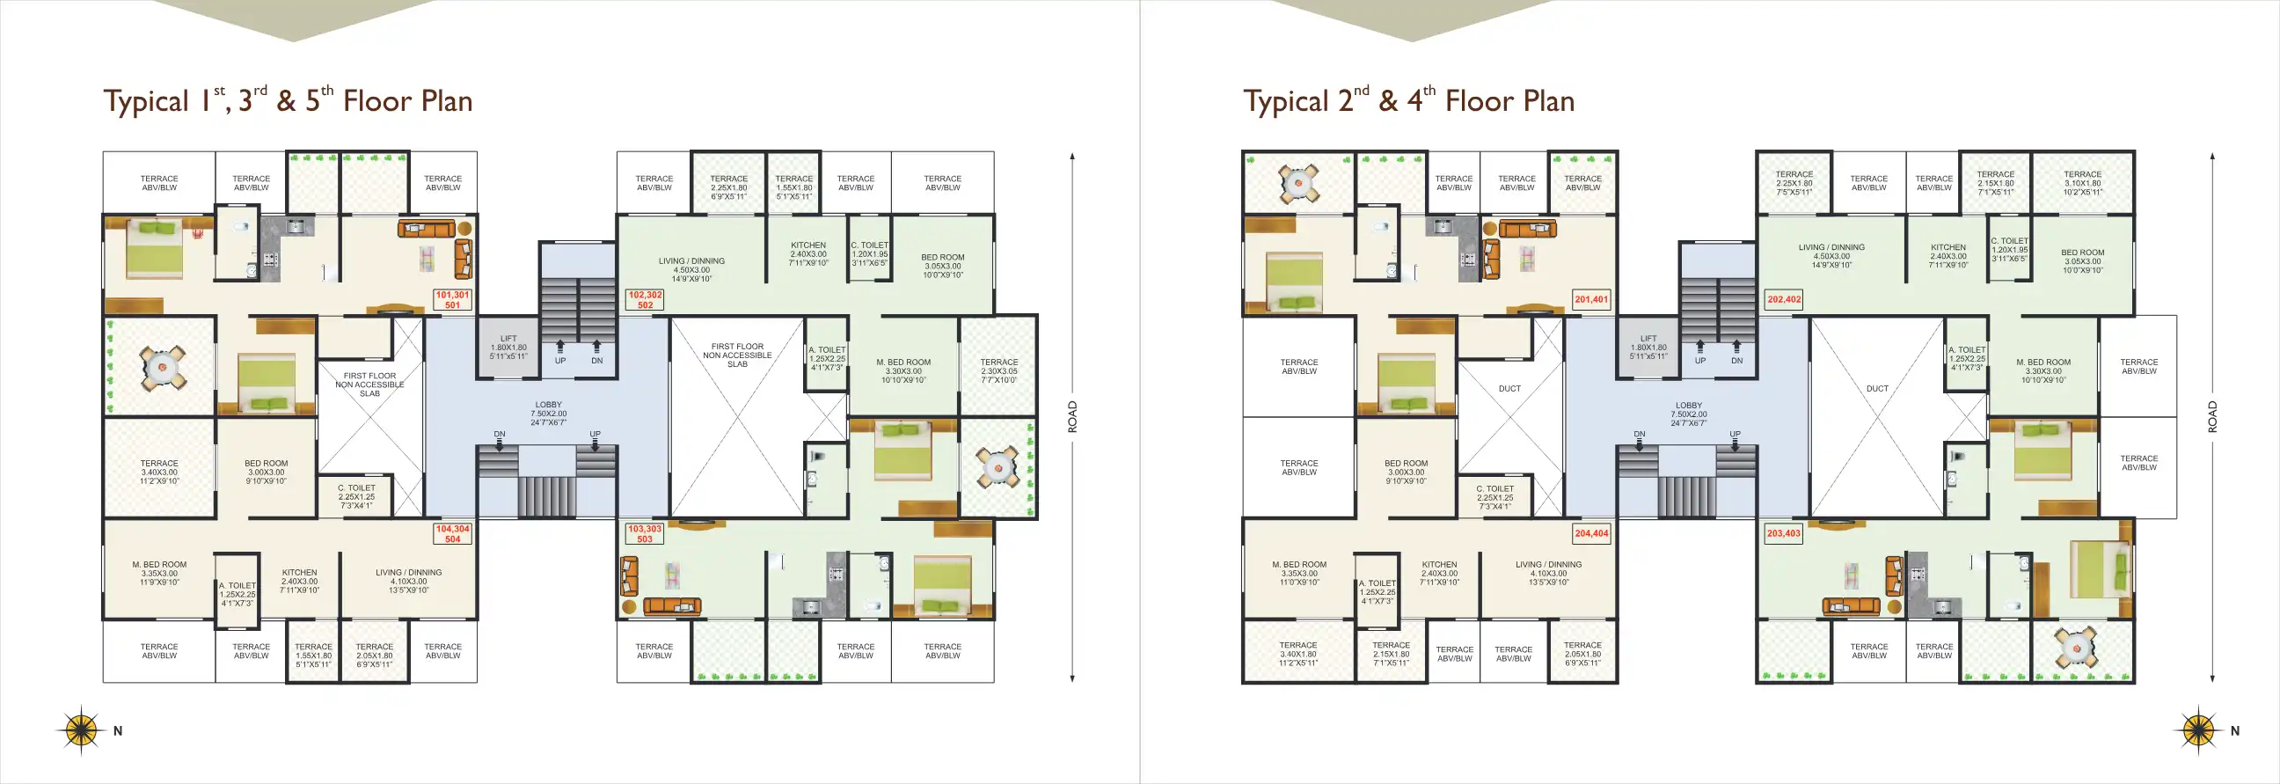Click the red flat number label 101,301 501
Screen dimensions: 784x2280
(x=452, y=300)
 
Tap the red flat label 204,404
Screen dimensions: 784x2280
(x=1591, y=533)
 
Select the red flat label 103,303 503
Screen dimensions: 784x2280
(x=645, y=533)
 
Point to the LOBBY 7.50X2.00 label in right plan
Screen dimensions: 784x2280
(x=1689, y=414)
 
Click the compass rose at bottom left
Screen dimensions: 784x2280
(x=81, y=730)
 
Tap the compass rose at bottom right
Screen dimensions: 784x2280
(x=2197, y=730)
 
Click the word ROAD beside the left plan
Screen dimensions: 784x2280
(x=1073, y=416)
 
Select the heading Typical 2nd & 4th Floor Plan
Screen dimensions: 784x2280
(x=1408, y=101)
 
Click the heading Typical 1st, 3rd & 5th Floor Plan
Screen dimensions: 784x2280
(x=288, y=101)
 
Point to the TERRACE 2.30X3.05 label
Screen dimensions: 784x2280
(x=998, y=370)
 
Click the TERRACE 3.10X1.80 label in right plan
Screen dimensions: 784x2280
(x=2082, y=183)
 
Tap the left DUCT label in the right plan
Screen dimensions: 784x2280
(x=1509, y=388)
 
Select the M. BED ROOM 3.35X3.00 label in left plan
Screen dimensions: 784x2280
(x=159, y=573)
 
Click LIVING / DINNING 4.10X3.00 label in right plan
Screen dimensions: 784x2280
(x=1548, y=573)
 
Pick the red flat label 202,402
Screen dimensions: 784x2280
(x=1784, y=299)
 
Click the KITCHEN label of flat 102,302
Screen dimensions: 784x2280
(x=808, y=254)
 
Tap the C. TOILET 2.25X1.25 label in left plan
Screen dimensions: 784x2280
(x=355, y=496)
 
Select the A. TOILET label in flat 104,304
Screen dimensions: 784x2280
(x=237, y=594)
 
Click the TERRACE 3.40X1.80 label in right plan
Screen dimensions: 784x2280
(x=1297, y=654)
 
